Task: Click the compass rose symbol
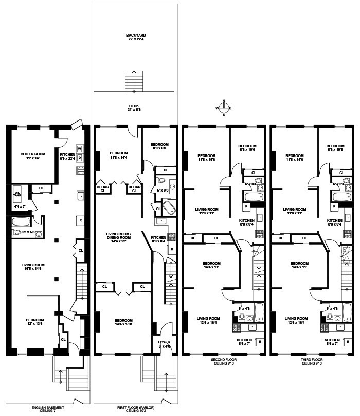click(x=224, y=108)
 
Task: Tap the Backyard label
click(x=135, y=38)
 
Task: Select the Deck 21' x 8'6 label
click(x=135, y=108)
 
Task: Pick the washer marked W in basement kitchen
click(x=80, y=149)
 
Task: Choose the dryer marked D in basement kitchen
click(x=80, y=157)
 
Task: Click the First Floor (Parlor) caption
click(x=135, y=409)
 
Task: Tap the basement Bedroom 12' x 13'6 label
click(x=35, y=322)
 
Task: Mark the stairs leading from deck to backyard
click(x=135, y=80)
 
